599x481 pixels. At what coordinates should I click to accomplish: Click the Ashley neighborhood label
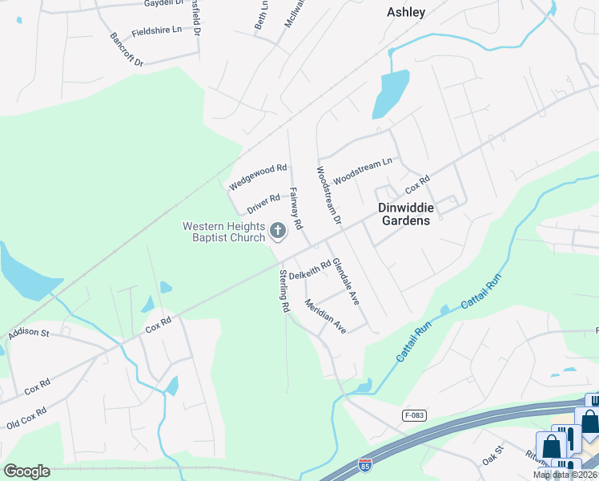pos(406,12)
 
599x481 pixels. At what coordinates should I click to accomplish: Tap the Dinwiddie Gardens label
pos(405,213)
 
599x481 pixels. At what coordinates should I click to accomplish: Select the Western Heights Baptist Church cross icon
pos(278,232)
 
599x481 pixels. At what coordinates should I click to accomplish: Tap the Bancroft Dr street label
pos(127,50)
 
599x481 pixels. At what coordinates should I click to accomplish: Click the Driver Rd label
pos(263,204)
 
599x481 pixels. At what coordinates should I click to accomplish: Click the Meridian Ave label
pos(325,317)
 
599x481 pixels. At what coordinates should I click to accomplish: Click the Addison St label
pos(29,332)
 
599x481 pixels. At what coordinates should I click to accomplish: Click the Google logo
pos(26,471)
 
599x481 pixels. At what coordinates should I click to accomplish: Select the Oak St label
pos(491,455)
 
